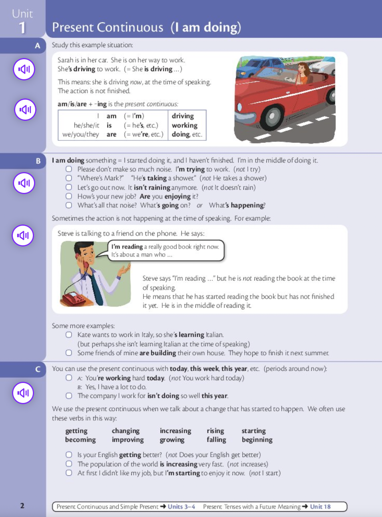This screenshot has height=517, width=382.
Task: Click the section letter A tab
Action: pyautogui.click(x=37, y=46)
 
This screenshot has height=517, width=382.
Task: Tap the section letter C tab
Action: pyautogui.click(x=38, y=369)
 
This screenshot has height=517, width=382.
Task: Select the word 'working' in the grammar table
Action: pyautogui.click(x=184, y=125)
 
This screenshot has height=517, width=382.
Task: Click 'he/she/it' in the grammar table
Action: pyautogui.click(x=86, y=125)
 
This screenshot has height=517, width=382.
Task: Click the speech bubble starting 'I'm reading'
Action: pyautogui.click(x=165, y=250)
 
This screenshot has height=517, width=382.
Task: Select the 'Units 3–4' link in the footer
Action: pyautogui.click(x=181, y=507)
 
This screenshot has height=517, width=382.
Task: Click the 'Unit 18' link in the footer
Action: pyautogui.click(x=320, y=507)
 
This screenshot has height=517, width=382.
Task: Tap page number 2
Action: pyautogui.click(x=22, y=505)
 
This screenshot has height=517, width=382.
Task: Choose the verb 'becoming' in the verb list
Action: pyautogui.click(x=80, y=440)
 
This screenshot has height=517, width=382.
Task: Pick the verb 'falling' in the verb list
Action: pyautogui.click(x=216, y=440)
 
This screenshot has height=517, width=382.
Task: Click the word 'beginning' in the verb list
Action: pyautogui.click(x=257, y=440)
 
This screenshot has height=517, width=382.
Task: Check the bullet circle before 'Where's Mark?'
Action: pyautogui.click(x=69, y=178)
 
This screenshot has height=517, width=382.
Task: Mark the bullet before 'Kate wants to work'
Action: pyautogui.click(x=69, y=335)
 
